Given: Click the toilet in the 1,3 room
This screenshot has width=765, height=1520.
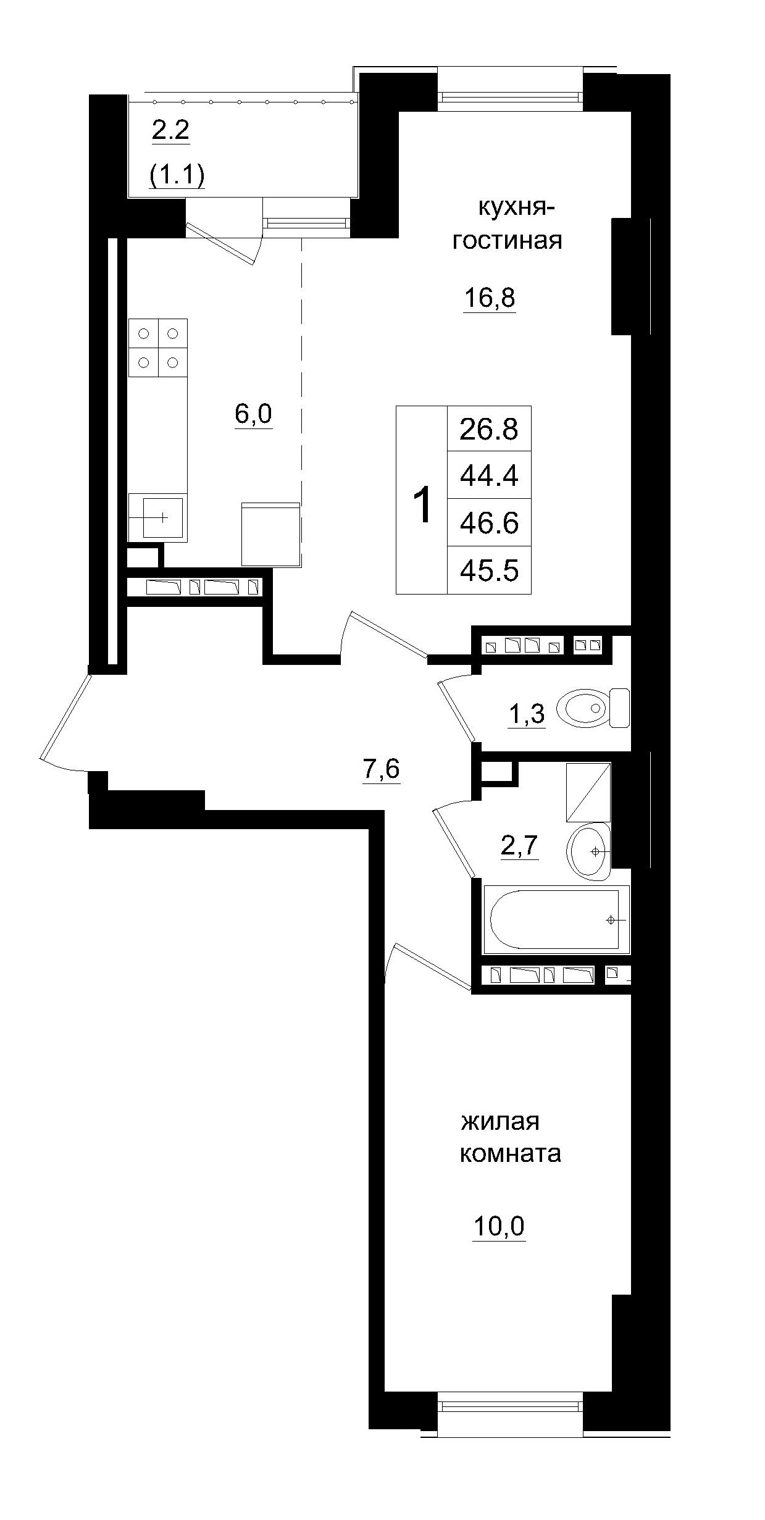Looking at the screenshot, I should (592, 708).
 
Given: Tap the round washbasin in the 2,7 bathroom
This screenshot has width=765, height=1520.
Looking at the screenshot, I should (588, 851).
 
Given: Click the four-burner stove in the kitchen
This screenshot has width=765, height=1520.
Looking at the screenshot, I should (157, 348).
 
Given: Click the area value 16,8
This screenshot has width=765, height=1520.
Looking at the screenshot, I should (490, 298).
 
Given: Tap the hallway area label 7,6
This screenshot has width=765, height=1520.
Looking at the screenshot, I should (381, 769).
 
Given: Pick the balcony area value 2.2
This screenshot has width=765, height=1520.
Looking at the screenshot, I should (170, 131).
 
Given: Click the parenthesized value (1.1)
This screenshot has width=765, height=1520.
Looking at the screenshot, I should (177, 175).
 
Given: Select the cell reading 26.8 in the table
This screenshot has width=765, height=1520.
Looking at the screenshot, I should (488, 428).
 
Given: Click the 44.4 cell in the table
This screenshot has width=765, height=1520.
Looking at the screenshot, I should (488, 475).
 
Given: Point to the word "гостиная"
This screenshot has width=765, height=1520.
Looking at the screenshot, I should (507, 240).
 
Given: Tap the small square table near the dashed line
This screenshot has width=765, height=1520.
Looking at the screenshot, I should (270, 534).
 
